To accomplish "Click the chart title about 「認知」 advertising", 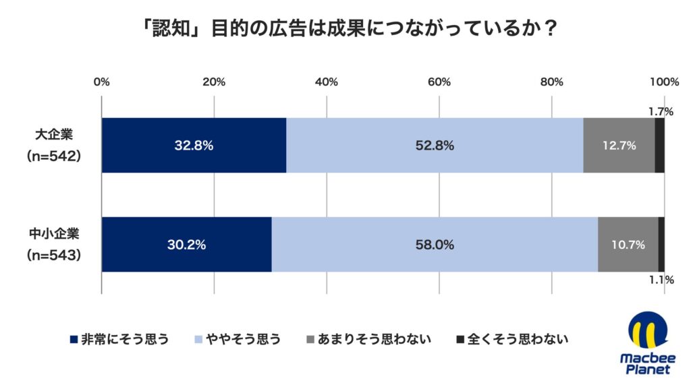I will pyautogui.click(x=345, y=30).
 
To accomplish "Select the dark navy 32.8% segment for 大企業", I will pyautogui.click(x=194, y=145).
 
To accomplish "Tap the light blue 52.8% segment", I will pyautogui.click(x=435, y=145).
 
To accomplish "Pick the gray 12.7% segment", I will pyautogui.click(x=619, y=145).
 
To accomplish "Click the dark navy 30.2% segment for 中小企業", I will pyautogui.click(x=186, y=245).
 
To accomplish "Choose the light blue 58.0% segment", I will pyautogui.click(x=435, y=245).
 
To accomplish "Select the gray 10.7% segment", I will pyautogui.click(x=628, y=245).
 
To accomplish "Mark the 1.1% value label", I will pyautogui.click(x=661, y=278).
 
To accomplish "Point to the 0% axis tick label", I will pyautogui.click(x=101, y=82).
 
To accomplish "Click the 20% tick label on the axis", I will pyautogui.click(x=214, y=82).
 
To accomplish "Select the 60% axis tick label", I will pyautogui.click(x=439, y=82).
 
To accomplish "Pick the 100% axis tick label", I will pyautogui.click(x=664, y=82).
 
